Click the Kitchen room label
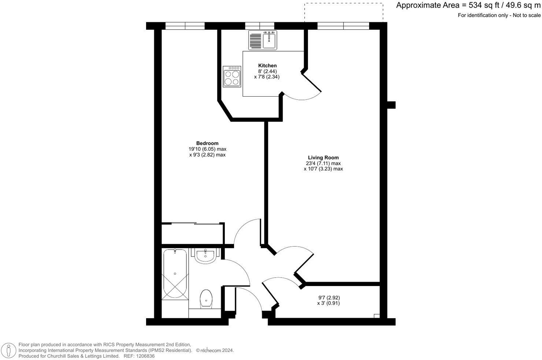pos(267,65)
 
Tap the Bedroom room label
pos(207,143)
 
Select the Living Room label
pos(323,158)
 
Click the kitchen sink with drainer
pos(263,40)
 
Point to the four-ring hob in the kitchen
pos(232,76)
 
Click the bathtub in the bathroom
pos(175,274)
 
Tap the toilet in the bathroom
pos(206,298)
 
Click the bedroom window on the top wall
pos(185,26)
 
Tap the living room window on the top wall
pos(343,26)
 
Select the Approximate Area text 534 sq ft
pos(468,5)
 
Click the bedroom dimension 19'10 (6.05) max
pos(207,149)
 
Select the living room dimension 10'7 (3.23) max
pos(323,169)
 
